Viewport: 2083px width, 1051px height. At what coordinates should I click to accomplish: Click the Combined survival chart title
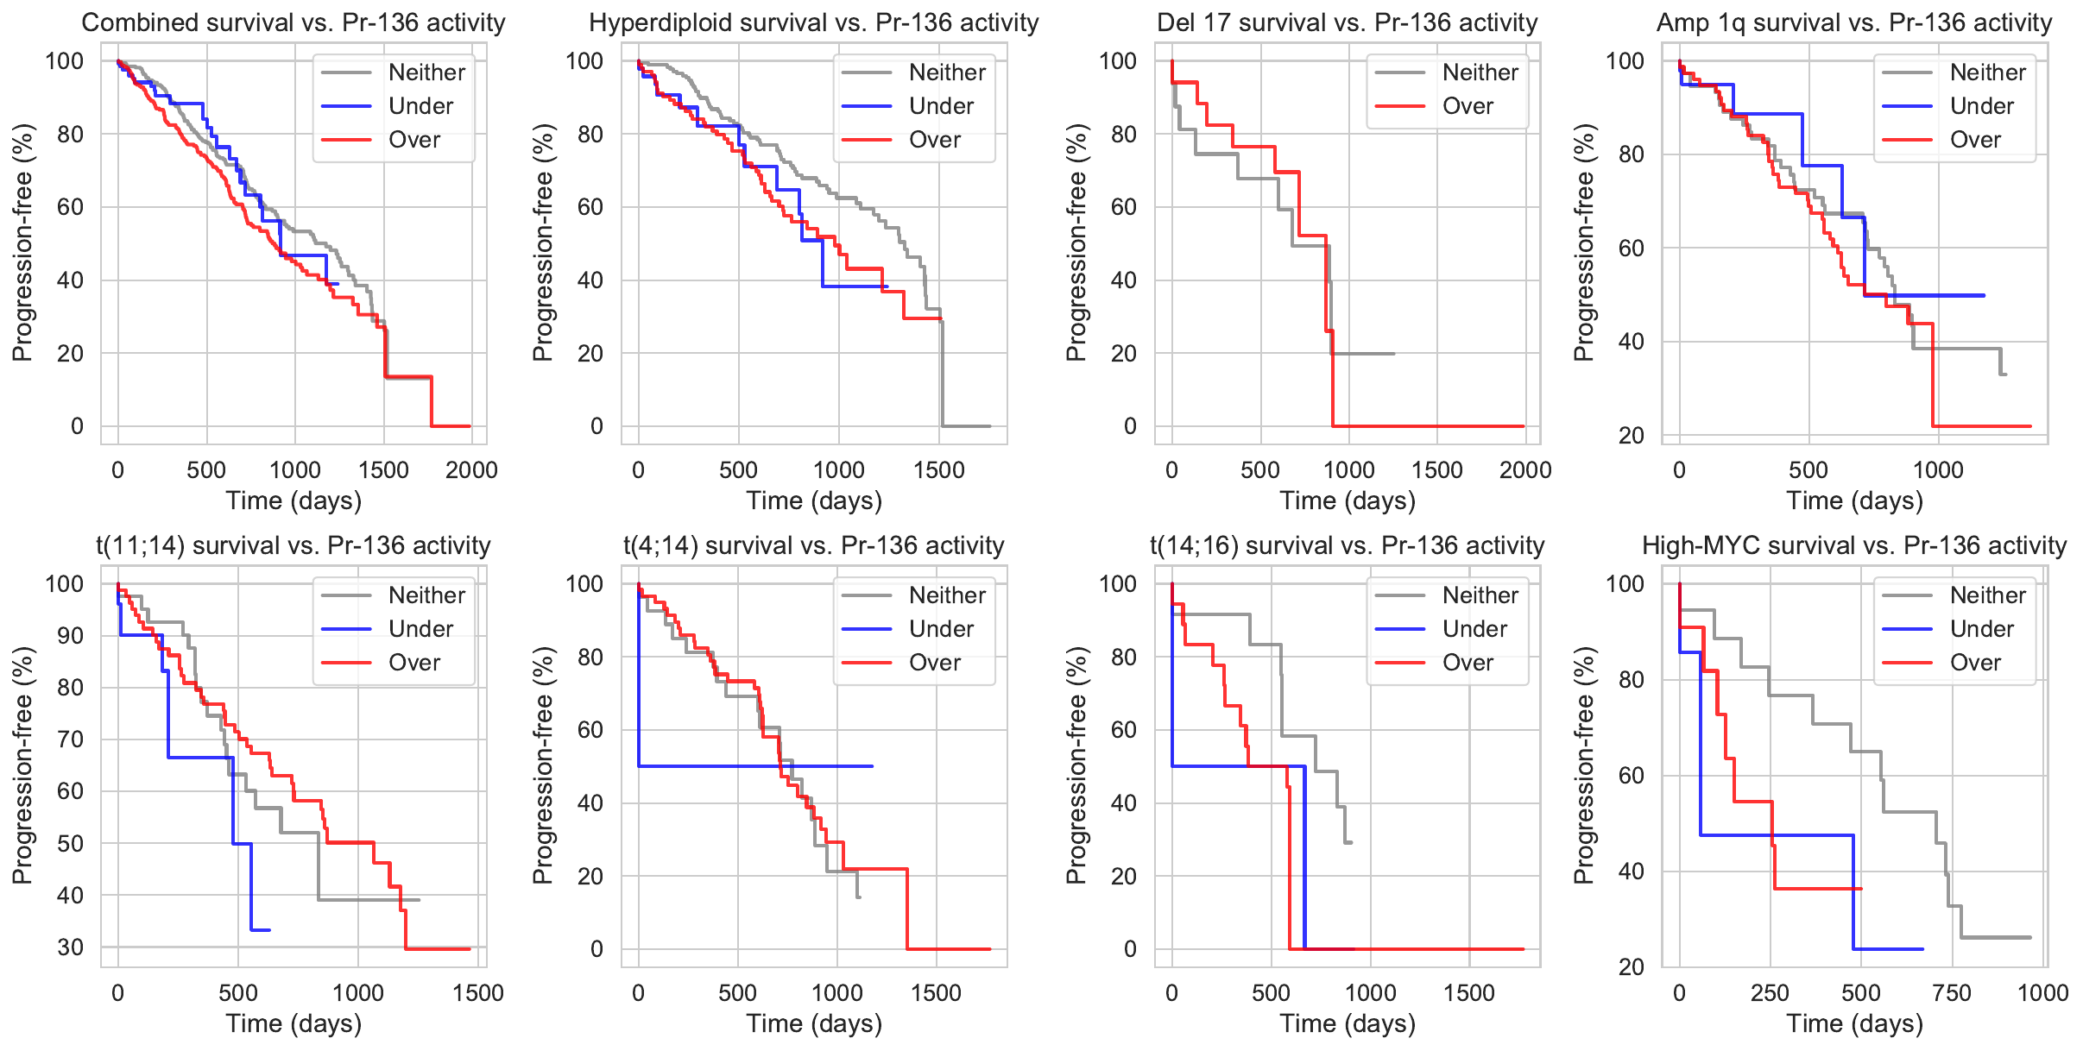(294, 22)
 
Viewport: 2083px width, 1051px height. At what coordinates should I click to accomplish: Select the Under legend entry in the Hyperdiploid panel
(940, 106)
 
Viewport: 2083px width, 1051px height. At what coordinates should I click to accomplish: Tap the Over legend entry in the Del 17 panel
(1467, 106)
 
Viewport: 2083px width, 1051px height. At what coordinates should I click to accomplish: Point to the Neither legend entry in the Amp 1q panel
(1986, 72)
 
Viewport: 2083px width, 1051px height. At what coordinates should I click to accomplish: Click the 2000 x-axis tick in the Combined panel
(471, 470)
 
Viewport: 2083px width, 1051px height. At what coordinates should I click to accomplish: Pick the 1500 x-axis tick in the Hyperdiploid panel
(939, 470)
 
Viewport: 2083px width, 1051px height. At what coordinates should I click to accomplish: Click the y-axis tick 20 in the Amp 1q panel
(1632, 436)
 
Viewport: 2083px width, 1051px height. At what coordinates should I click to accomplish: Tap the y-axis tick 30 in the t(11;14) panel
(71, 947)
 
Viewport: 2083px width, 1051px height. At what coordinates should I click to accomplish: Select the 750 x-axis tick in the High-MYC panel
(1952, 993)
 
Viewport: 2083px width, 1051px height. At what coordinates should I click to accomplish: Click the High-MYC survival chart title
(1854, 545)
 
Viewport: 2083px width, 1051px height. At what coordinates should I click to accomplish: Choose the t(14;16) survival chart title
(1348, 545)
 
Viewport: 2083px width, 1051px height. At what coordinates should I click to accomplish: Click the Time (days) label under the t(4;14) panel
(814, 1023)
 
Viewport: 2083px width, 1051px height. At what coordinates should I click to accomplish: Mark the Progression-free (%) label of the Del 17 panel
(1076, 242)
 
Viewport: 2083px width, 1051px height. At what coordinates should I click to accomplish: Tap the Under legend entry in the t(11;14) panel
(420, 629)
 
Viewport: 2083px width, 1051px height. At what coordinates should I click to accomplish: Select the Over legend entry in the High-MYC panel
(1974, 663)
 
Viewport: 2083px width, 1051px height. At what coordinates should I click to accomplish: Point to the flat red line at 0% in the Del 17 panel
(1433, 426)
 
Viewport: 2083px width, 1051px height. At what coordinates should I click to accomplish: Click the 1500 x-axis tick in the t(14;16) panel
(1469, 993)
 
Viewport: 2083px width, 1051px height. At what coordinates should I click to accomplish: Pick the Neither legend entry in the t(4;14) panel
(946, 595)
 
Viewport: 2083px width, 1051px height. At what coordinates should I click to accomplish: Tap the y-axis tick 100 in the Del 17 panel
(1117, 61)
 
